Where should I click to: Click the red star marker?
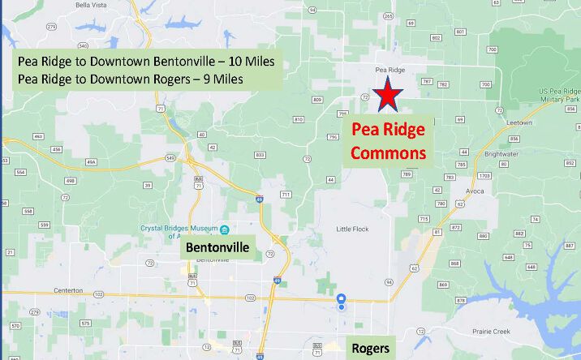point(389,95)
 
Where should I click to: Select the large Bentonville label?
point(217,247)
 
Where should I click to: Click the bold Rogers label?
point(371,349)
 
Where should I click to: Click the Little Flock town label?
point(352,229)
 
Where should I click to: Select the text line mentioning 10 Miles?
point(146,61)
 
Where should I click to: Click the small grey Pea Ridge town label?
point(390,71)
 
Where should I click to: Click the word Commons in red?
point(394,152)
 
